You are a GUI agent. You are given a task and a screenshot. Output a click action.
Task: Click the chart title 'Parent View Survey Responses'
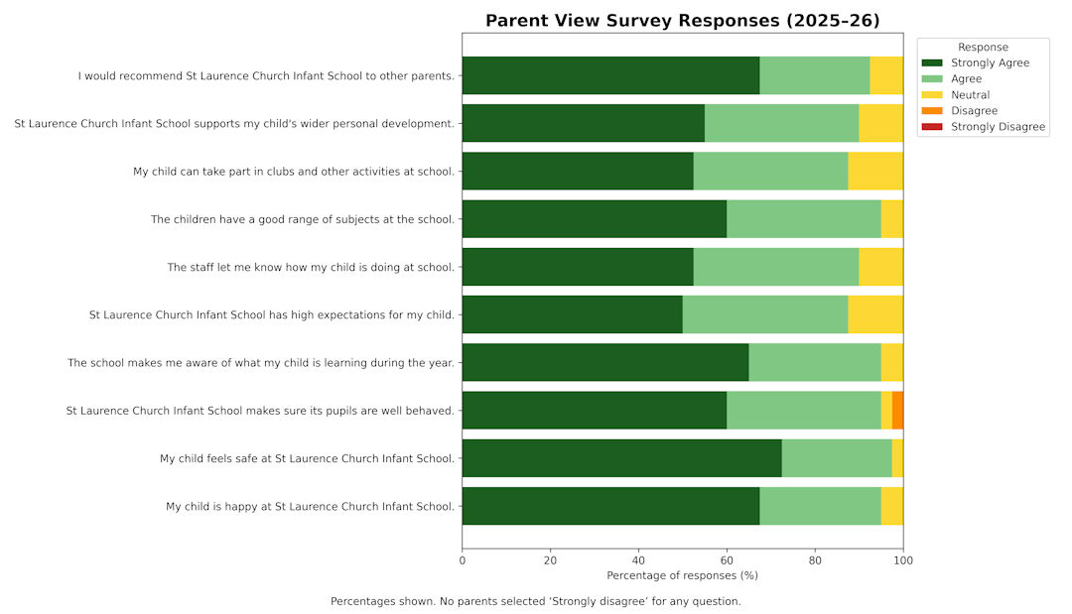tap(682, 21)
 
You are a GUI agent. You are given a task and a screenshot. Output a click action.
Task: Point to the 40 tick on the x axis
tap(638, 560)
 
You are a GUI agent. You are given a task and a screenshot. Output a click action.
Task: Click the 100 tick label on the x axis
tap(902, 560)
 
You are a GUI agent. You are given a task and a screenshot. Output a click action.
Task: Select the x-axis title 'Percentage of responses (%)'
tap(682, 575)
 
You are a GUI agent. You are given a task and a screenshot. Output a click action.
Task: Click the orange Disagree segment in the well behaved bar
tap(897, 410)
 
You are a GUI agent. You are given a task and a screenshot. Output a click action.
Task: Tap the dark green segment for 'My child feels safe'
tap(621, 458)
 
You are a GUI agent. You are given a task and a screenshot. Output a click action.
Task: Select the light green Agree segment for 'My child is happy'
tap(820, 506)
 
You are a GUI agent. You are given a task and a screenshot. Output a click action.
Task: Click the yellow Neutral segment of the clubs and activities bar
tap(875, 171)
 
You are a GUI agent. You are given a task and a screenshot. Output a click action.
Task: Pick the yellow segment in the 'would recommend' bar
tap(886, 75)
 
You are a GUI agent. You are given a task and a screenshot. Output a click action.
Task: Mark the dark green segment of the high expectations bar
tap(572, 314)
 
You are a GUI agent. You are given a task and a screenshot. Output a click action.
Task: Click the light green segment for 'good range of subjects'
tap(804, 219)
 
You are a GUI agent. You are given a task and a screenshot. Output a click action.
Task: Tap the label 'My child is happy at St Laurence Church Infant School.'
tap(310, 506)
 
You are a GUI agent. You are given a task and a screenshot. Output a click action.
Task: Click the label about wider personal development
tap(234, 124)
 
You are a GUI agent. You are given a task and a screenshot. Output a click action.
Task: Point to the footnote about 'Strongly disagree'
tap(535, 601)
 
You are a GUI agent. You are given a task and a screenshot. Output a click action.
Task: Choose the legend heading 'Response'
tap(983, 47)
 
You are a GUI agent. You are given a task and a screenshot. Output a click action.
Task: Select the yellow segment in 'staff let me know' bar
tap(880, 267)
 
